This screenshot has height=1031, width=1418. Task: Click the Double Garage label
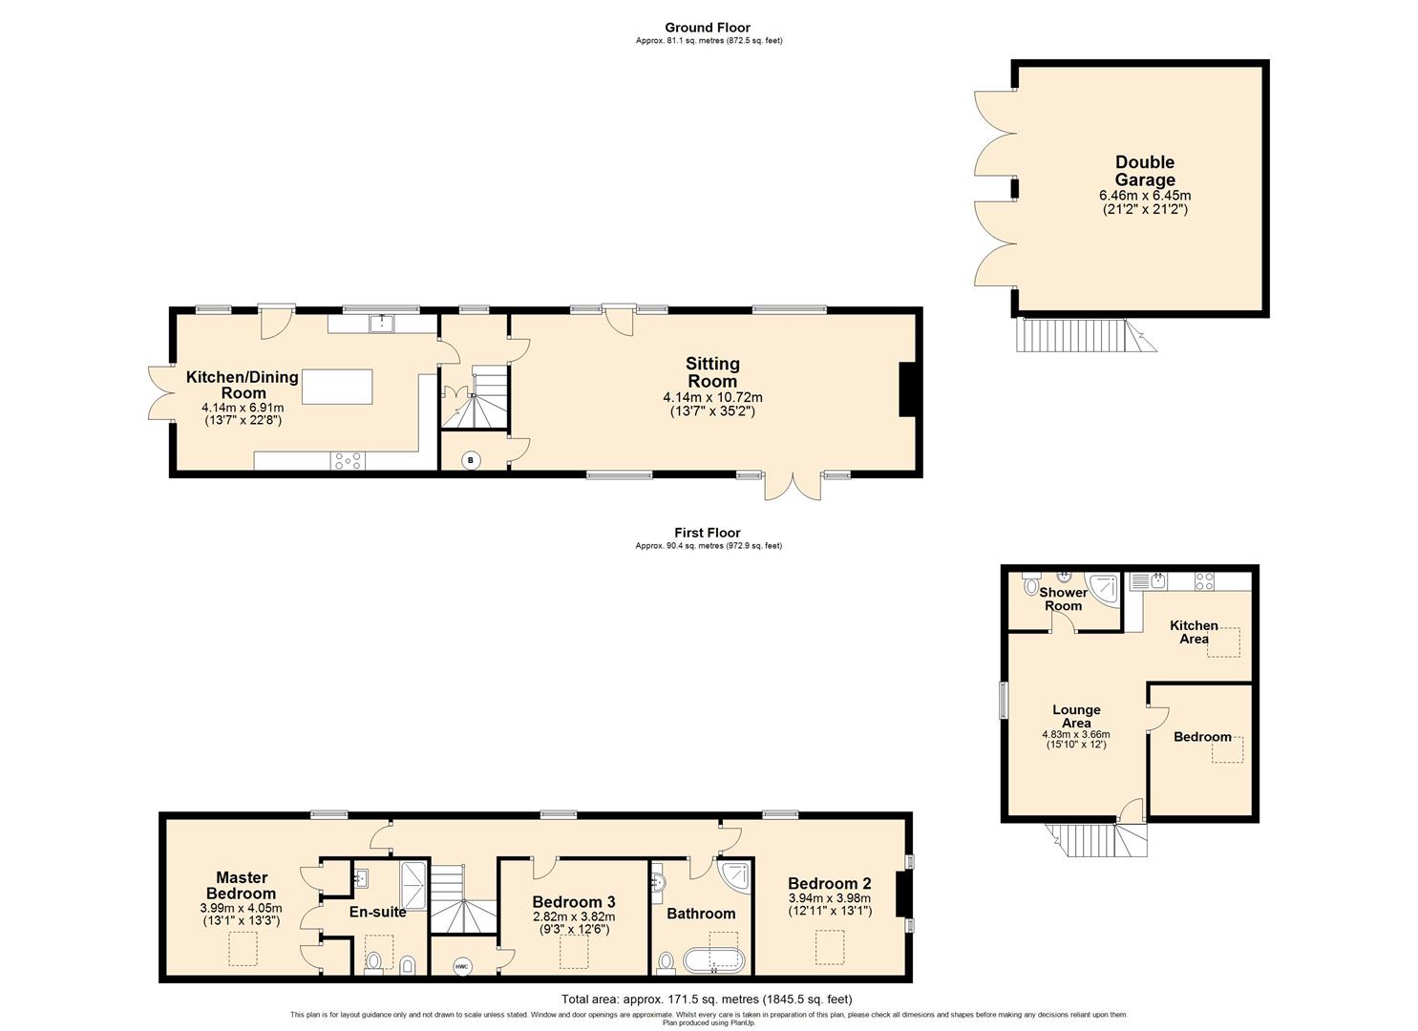(x=1145, y=171)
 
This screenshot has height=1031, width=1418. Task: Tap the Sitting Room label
(x=712, y=372)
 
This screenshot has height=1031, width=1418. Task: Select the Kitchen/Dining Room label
(x=242, y=385)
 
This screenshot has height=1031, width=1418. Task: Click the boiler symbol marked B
(x=470, y=461)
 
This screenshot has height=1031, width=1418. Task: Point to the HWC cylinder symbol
(x=462, y=967)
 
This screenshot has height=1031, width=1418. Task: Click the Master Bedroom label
(x=242, y=885)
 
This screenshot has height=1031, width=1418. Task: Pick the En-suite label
(x=377, y=912)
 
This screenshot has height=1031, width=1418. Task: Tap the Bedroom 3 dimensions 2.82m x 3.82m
(x=573, y=916)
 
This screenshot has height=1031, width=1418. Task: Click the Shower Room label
(x=1063, y=599)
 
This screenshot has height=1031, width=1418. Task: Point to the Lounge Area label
(x=1076, y=716)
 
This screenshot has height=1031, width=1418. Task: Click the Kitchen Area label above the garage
(x=1194, y=632)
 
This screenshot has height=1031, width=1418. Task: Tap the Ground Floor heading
(x=708, y=28)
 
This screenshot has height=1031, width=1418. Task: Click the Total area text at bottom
(x=707, y=999)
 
